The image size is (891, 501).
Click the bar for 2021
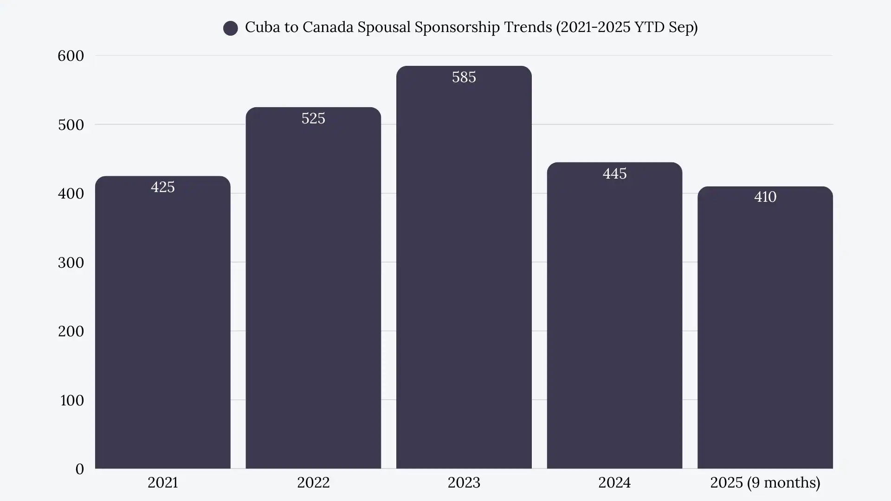click(162, 325)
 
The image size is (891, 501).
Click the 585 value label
click(464, 77)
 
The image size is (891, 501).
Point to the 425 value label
click(162, 187)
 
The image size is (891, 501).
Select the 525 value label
click(313, 118)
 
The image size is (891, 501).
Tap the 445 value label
click(614, 173)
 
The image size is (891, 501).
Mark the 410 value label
click(765, 197)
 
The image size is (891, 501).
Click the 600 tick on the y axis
click(71, 56)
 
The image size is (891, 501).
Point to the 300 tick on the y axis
click(71, 263)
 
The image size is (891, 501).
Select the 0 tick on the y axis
click(79, 469)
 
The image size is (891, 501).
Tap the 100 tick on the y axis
click(71, 400)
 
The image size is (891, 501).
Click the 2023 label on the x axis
click(464, 483)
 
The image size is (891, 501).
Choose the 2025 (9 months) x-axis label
click(765, 483)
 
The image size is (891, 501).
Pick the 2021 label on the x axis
click(162, 483)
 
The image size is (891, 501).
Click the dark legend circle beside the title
click(230, 28)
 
